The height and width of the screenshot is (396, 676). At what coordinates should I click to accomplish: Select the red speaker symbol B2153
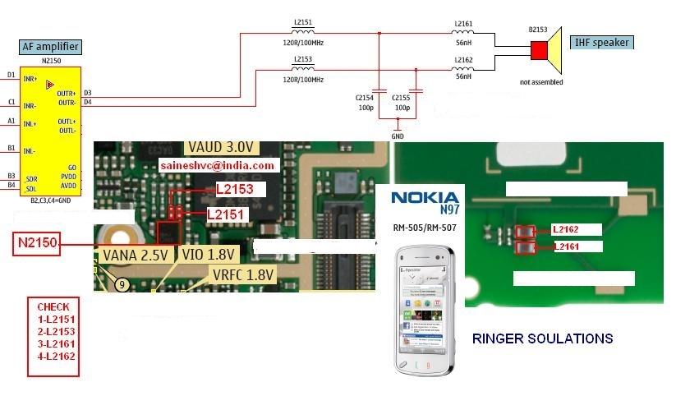tap(539, 51)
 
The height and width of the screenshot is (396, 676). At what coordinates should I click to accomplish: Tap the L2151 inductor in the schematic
tap(303, 34)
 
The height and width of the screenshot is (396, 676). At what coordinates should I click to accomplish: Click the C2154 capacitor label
tap(364, 98)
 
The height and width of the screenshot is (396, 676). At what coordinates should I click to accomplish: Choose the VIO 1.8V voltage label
tap(209, 255)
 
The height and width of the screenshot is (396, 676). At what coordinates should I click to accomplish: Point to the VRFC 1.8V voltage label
tap(243, 274)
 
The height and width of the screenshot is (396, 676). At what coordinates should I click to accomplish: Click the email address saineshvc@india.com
tap(218, 165)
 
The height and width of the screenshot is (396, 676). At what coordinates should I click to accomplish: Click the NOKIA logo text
tap(424, 197)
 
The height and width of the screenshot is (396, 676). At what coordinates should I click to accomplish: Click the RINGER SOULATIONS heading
tap(542, 338)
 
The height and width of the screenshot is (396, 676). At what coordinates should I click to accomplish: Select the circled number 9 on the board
tap(122, 284)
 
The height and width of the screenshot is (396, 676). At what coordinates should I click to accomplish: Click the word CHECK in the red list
tap(53, 306)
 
